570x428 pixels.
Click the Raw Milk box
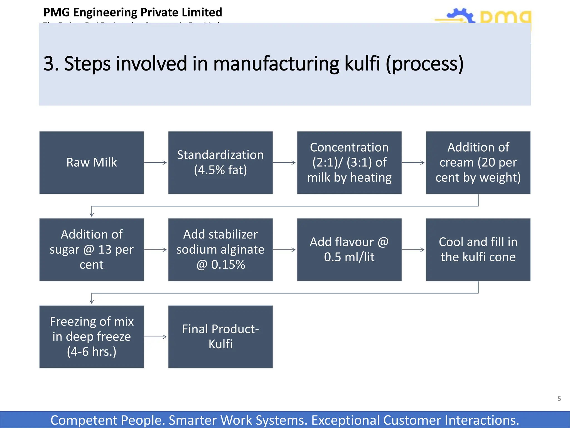pos(92,162)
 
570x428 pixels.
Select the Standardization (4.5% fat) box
pos(220,162)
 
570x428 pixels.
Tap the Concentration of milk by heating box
pos(349,162)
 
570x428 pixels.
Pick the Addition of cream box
pos(478,162)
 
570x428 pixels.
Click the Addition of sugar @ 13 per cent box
pos(92,250)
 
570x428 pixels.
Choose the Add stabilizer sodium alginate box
pos(220,250)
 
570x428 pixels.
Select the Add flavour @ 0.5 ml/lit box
pos(349,250)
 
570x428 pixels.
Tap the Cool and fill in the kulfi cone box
pos(478,250)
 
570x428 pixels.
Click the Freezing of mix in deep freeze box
pos(92,337)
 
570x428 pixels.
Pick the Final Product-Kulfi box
pos(220,337)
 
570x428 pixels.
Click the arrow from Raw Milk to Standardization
pos(156,162)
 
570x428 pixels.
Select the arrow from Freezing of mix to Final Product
pos(156,337)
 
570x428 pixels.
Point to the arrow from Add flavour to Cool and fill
pos(414,250)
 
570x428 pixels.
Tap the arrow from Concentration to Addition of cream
pos(414,162)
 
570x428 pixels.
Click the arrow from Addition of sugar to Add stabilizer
pos(156,250)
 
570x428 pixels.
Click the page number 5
pos(559,399)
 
